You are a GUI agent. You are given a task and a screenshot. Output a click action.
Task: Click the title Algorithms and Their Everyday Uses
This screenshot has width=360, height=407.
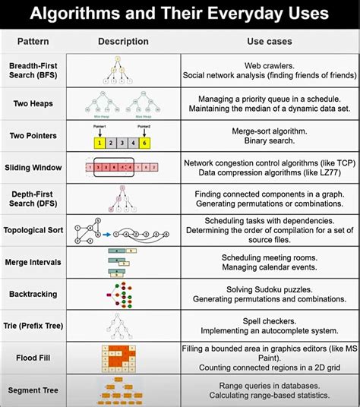[x=180, y=14]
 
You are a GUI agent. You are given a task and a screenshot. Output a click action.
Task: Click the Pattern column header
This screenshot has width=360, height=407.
[x=33, y=41]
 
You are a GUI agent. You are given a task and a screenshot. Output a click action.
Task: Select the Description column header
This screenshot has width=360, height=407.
[x=122, y=41]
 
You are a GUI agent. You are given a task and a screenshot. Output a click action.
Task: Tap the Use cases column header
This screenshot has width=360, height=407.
[x=269, y=41]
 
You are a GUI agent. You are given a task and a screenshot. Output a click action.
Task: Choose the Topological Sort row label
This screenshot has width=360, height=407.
[x=33, y=230]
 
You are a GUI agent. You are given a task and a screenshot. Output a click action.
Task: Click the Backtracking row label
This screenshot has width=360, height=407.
[x=33, y=293]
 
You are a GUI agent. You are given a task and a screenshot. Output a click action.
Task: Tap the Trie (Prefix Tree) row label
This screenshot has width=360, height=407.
[x=33, y=325]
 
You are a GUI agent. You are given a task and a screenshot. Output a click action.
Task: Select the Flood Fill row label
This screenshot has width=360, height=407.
[x=33, y=357]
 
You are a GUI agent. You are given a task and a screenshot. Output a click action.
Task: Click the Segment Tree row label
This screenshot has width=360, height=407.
[x=33, y=390]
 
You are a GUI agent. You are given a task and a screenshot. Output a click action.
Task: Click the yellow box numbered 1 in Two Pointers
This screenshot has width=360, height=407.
[x=98, y=141]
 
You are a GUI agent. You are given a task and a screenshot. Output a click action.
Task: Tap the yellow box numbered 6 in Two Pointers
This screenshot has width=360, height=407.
[x=145, y=141]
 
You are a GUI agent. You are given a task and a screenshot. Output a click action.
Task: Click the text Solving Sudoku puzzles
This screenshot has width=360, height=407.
[x=269, y=289]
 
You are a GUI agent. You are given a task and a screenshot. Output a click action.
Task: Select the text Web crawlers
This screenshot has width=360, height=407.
[x=269, y=67]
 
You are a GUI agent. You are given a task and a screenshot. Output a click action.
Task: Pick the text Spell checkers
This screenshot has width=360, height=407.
[x=269, y=320]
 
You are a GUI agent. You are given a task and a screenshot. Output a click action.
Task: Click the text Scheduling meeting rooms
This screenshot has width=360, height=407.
[x=269, y=257]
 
